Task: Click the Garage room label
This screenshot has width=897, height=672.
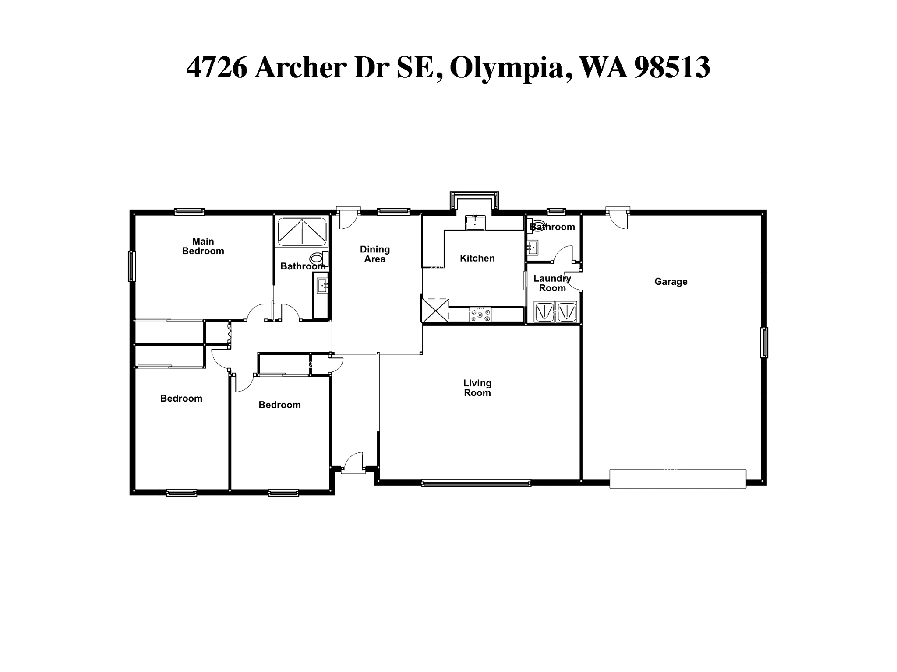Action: coord(671,282)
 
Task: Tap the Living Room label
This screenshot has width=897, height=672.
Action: coord(477,388)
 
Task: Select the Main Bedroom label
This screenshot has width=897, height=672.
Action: coord(203,246)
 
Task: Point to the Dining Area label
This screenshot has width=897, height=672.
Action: coord(374,254)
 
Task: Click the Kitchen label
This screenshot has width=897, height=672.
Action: coord(477,258)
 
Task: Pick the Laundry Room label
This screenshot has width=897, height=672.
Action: coord(552,283)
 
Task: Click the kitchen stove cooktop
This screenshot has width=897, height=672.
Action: coord(480,315)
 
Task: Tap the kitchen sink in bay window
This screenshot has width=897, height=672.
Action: coord(475,222)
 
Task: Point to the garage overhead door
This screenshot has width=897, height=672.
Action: coord(677,479)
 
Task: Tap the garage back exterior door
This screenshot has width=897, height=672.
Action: coord(618,217)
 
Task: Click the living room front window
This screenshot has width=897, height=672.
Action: coord(476,483)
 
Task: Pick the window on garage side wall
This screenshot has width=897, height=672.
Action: coord(764,342)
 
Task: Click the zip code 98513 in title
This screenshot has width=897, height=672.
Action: coord(671,68)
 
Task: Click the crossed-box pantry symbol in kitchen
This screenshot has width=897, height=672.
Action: coord(434,310)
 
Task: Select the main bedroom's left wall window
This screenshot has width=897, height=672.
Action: coord(131,266)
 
